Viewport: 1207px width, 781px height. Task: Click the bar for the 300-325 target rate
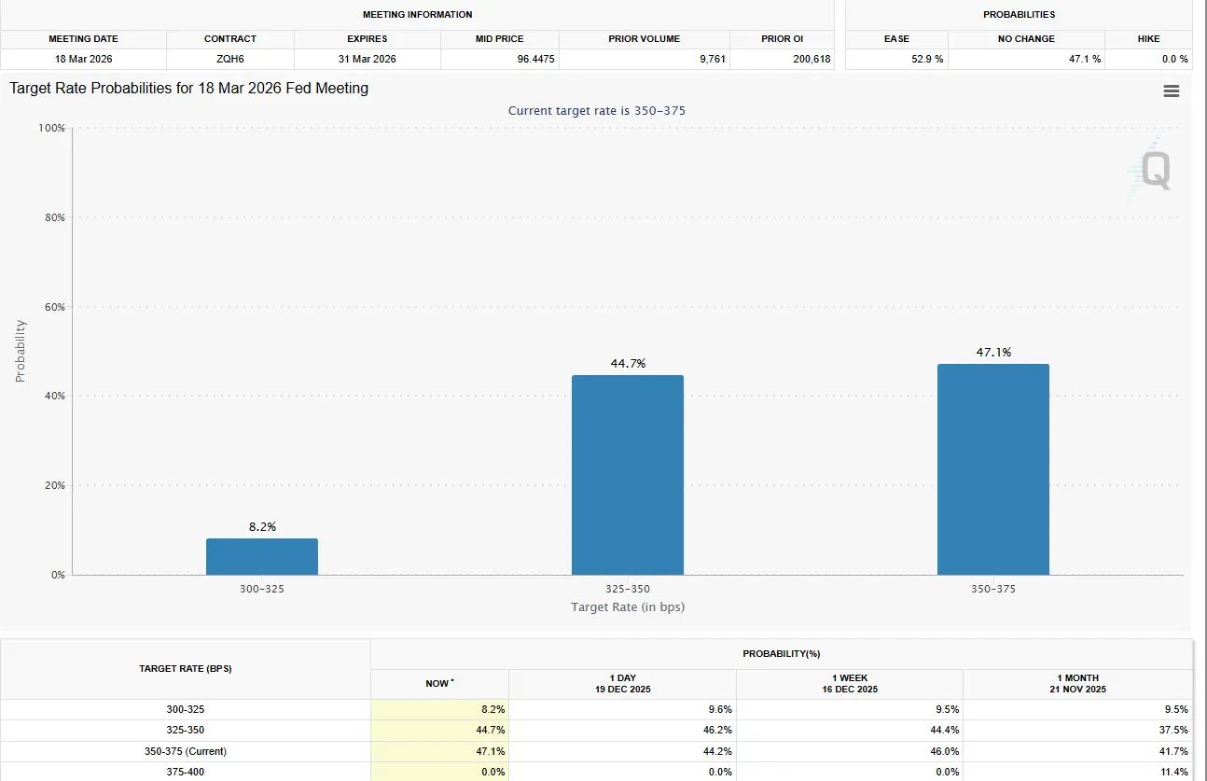262,556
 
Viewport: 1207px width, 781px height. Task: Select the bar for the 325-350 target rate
627,475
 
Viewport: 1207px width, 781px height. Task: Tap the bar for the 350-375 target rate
992,469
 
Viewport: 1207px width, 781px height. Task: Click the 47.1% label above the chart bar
993,353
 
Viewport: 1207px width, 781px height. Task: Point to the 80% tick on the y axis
52,217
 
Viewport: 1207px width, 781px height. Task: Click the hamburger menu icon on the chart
1172,91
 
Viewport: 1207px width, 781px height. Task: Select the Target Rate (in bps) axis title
628,607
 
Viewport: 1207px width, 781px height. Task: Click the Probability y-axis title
21,351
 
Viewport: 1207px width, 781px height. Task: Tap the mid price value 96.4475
502,59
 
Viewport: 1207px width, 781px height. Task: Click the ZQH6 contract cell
229,59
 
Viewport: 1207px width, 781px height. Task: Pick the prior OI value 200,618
783,59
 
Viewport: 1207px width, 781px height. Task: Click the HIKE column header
1148,39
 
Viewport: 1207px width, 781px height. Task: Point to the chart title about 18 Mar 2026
189,89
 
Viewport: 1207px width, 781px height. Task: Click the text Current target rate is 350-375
597,111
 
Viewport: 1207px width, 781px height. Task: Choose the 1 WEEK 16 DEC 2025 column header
849,684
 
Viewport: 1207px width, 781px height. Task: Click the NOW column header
439,684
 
